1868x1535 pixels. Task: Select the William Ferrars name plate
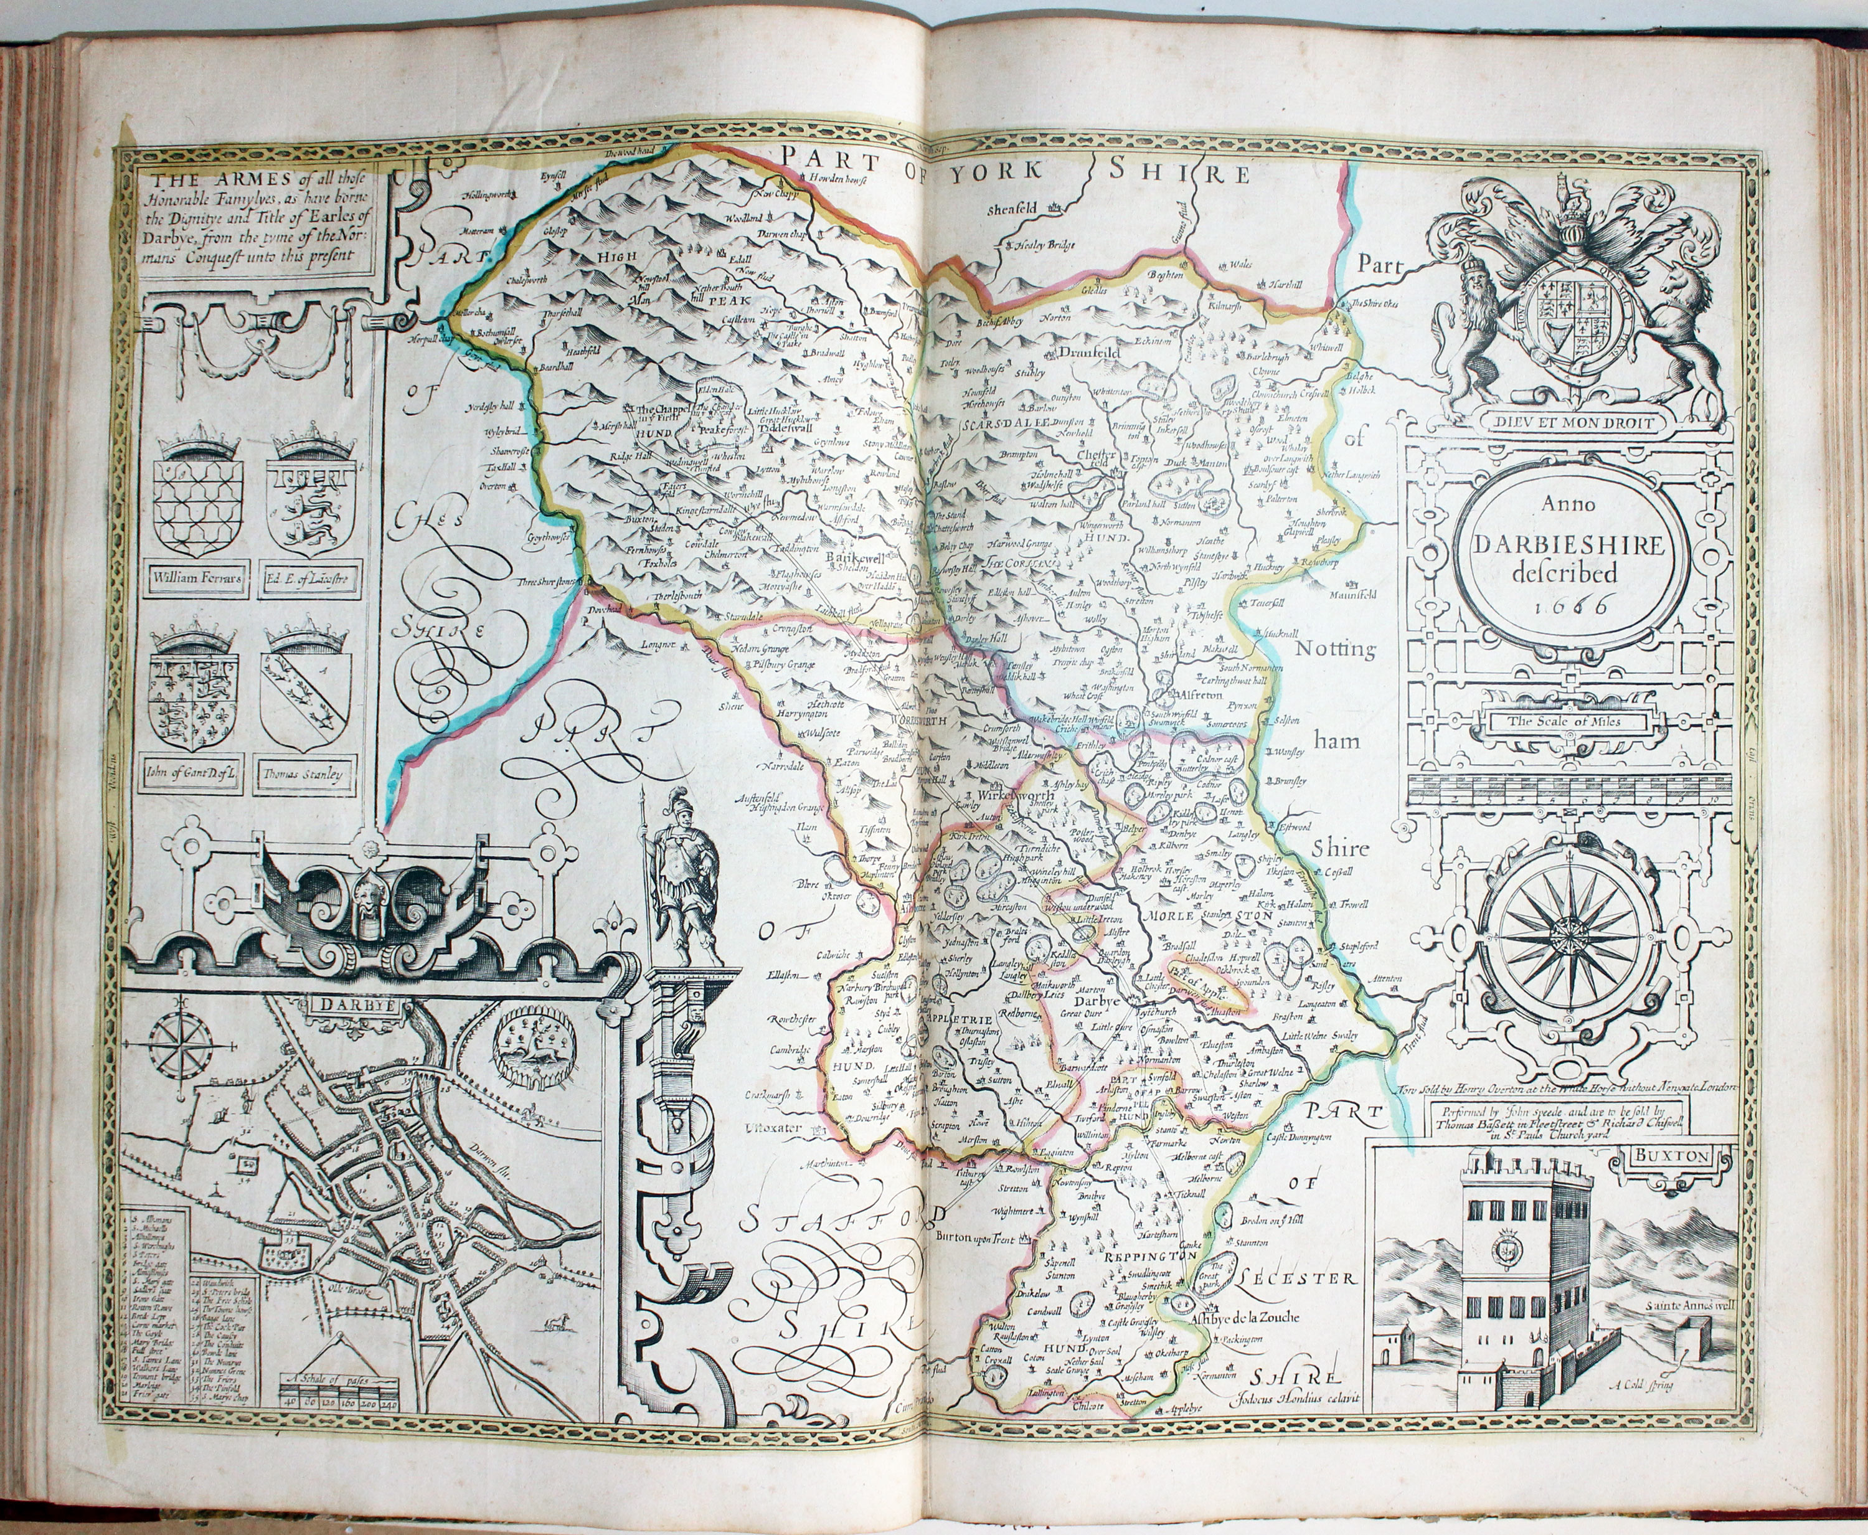(x=196, y=581)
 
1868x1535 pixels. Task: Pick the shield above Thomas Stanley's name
(x=306, y=701)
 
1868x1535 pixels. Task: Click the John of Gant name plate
(x=196, y=777)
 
